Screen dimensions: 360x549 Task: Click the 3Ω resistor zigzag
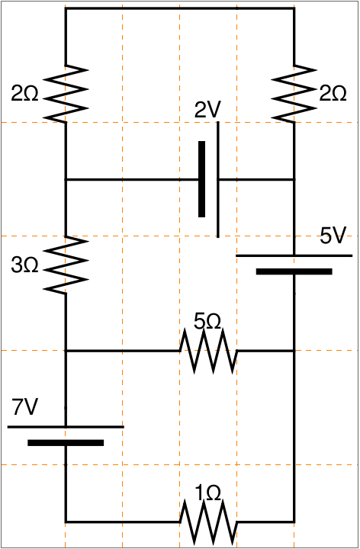[x=66, y=265]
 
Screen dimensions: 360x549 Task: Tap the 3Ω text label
[x=24, y=265]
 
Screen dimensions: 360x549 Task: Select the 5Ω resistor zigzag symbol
[x=208, y=351]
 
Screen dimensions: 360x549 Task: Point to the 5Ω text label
[x=207, y=321]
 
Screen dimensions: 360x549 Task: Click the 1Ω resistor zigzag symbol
[x=208, y=522]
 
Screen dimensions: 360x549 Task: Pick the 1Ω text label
[x=208, y=493]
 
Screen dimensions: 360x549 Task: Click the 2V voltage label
[x=207, y=110]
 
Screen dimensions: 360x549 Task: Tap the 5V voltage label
[x=333, y=236]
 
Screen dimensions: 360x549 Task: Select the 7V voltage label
[x=24, y=407]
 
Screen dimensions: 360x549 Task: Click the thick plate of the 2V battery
[x=201, y=179]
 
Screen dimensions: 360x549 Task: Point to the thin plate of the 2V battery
[x=218, y=180]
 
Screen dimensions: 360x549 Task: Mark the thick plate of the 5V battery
[x=294, y=271]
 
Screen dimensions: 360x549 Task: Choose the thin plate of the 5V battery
[x=294, y=255]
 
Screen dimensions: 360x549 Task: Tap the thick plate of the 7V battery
[x=66, y=443]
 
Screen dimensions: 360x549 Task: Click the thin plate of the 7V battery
[x=66, y=427]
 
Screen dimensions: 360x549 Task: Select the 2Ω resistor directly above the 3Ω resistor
[x=66, y=94]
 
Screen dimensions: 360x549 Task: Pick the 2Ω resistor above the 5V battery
[x=294, y=94]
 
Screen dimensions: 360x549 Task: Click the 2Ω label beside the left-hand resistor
[x=24, y=94]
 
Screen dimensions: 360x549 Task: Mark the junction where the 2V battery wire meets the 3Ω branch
[x=66, y=180]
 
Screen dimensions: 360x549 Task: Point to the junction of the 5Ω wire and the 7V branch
[x=66, y=351]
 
